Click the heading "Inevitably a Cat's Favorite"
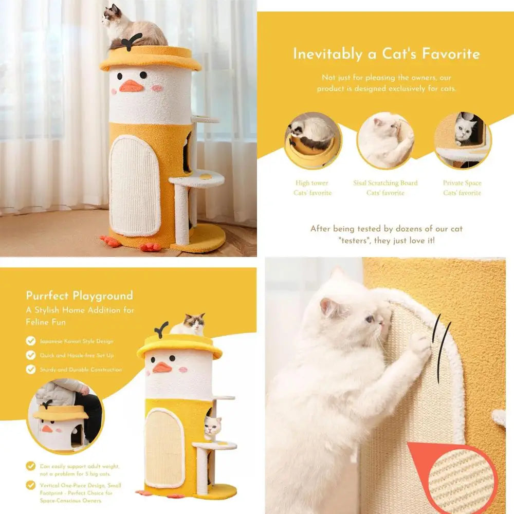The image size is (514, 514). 387,54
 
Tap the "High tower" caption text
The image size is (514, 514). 312,183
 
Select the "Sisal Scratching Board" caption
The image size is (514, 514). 385,183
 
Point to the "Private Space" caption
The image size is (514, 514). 462,183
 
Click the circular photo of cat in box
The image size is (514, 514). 463,140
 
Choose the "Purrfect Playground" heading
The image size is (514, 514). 80,296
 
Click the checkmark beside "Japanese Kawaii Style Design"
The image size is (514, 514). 31,341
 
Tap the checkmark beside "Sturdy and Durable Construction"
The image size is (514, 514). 31,370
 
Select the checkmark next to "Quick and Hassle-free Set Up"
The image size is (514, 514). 31,355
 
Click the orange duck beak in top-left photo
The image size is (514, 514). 131,86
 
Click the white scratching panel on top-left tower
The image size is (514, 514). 135,185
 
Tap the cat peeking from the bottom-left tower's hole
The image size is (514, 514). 213,427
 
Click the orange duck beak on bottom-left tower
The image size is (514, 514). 162,367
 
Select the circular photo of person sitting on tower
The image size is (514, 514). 65,416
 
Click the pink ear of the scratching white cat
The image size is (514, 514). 327,307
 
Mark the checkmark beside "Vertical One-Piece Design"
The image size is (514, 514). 31,485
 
